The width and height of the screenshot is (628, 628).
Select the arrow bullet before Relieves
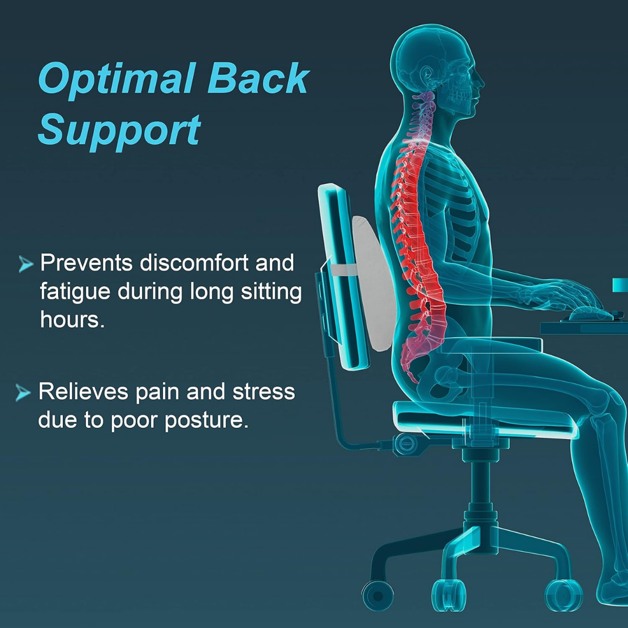23,394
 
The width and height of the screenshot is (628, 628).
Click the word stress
264,392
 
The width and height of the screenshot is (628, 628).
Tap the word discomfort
194,263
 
